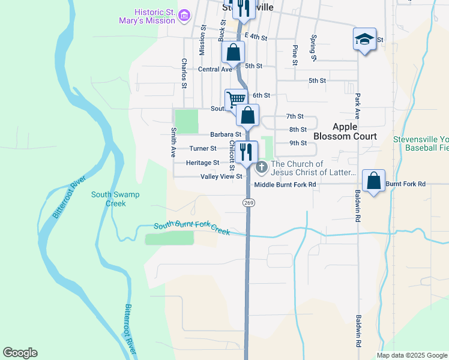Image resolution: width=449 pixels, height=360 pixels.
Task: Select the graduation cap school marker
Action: [364, 39]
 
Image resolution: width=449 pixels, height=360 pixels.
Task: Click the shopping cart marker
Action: [236, 99]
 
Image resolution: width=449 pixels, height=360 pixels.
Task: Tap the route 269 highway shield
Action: [249, 203]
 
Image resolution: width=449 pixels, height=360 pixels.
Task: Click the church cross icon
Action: [262, 166]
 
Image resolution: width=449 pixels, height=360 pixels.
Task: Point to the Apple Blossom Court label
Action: [354, 131]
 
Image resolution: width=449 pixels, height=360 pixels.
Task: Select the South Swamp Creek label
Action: [109, 199]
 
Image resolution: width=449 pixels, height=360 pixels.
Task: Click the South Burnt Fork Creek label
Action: [192, 229]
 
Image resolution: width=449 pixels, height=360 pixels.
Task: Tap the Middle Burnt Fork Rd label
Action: [285, 185]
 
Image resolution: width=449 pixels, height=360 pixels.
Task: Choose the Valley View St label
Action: [221, 176]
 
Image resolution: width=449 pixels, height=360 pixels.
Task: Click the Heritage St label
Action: [202, 163]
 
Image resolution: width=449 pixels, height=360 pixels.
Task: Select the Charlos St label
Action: [184, 73]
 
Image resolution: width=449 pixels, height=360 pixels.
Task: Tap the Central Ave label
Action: [215, 70]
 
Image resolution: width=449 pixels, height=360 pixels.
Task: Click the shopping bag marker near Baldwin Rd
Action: [373, 181]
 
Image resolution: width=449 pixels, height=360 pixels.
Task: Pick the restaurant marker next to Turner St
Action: [247, 152]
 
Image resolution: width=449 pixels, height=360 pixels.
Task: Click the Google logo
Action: [20, 353]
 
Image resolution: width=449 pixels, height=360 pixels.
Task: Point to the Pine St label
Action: [295, 55]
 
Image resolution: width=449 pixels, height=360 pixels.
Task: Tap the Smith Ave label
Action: [172, 139]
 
